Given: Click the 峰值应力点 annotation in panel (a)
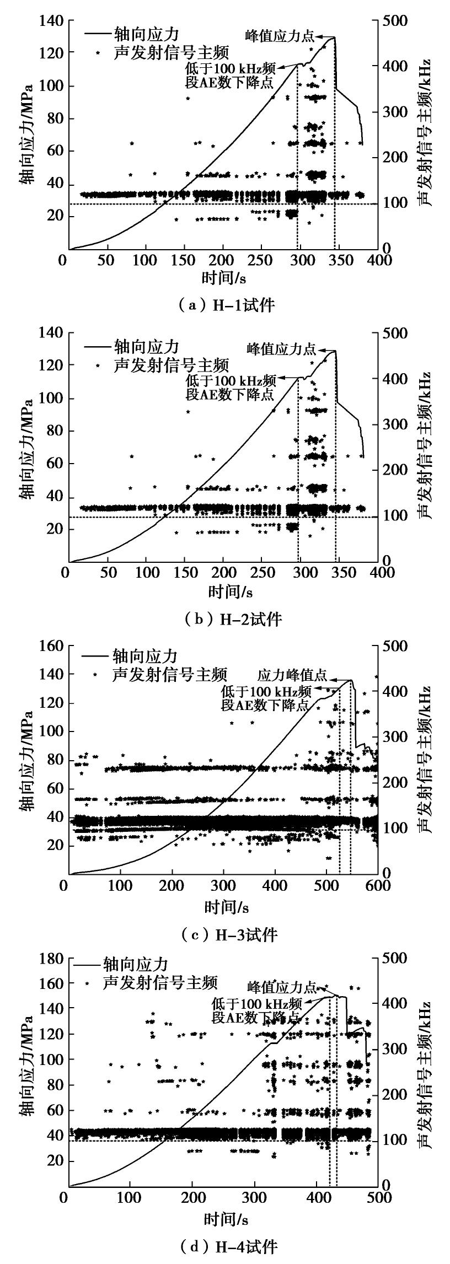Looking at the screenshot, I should pos(280,36).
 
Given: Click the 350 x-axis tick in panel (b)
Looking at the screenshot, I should pos(339,572).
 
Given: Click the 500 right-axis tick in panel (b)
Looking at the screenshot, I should pos(395,333).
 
